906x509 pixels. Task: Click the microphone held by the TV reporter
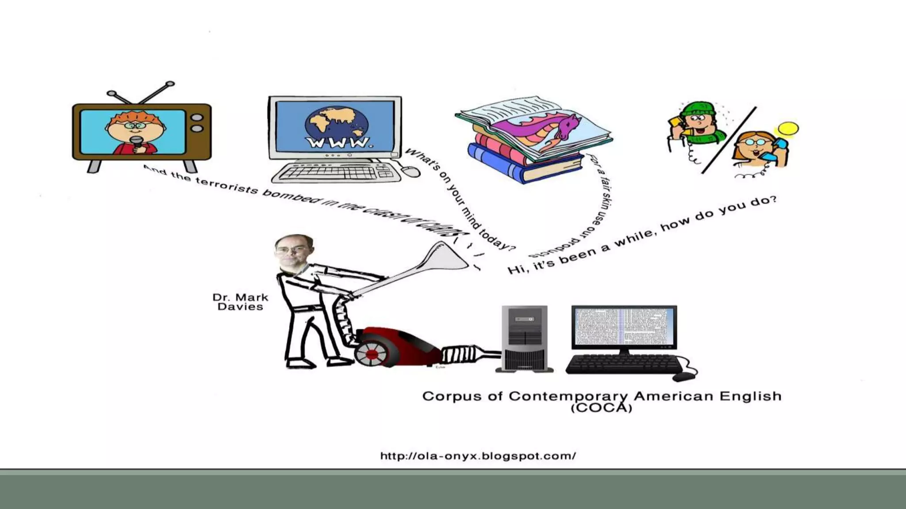pos(137,142)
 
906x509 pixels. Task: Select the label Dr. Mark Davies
pos(240,302)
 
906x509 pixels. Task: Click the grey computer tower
pos(524,338)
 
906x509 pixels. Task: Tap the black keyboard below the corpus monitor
pos(624,364)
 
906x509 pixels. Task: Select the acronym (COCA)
pos(602,407)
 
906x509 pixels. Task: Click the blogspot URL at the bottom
pos(478,456)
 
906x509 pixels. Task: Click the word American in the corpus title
pos(672,396)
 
